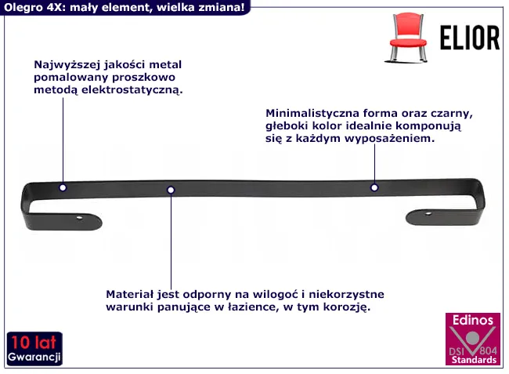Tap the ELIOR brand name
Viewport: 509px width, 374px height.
pyautogui.click(x=469, y=38)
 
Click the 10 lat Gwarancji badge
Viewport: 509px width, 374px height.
pyautogui.click(x=34, y=349)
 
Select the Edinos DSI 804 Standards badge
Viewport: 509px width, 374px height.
pyautogui.click(x=473, y=339)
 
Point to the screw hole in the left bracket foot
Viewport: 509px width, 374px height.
pyautogui.click(x=80, y=218)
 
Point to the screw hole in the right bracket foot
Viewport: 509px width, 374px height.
pyautogui.click(x=428, y=213)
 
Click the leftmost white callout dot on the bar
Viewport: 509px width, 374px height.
pyautogui.click(x=63, y=187)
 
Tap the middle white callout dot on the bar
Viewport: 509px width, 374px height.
pyautogui.click(x=171, y=190)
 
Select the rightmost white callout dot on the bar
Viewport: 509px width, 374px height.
pyautogui.click(x=374, y=187)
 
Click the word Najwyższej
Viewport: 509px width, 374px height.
pyautogui.click(x=67, y=64)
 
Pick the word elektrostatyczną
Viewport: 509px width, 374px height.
pyautogui.click(x=132, y=90)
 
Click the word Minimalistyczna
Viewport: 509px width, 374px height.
pyautogui.click(x=312, y=113)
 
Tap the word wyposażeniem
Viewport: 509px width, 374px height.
pyautogui.click(x=389, y=139)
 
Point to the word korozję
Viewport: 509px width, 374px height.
pyautogui.click(x=347, y=307)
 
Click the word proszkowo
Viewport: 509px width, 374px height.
pyautogui.click(x=144, y=78)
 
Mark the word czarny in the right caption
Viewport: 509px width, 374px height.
pyautogui.click(x=452, y=114)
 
